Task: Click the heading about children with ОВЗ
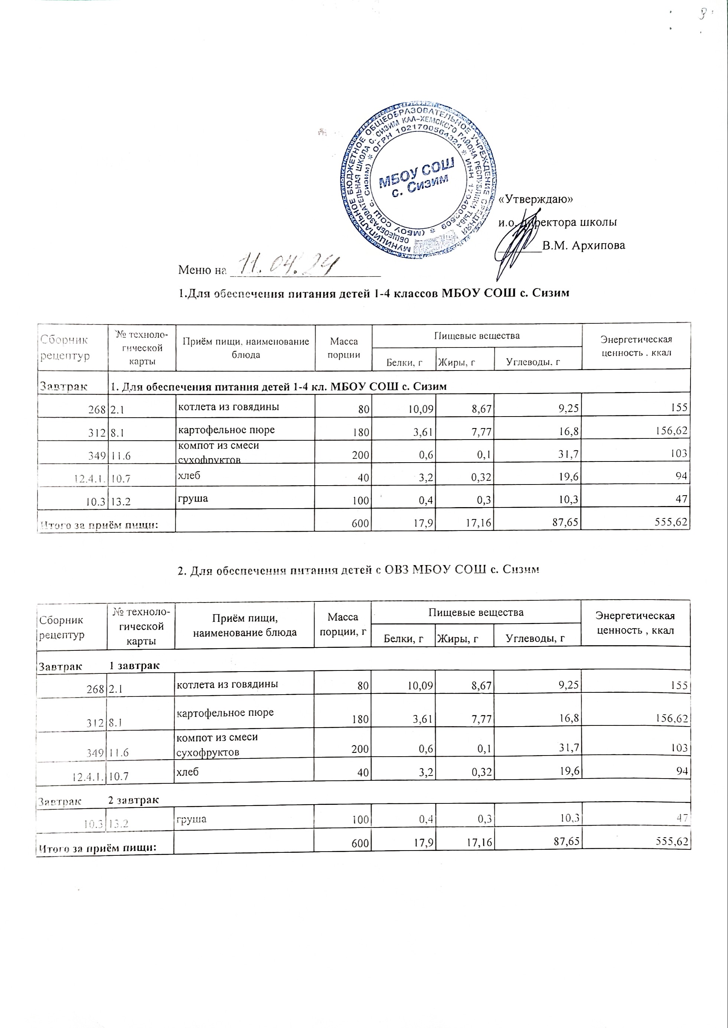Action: pyautogui.click(x=358, y=570)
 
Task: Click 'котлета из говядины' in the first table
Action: pyautogui.click(x=229, y=407)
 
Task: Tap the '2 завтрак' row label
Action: pyautogui.click(x=134, y=800)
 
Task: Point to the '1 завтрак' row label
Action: pyautogui.click(x=134, y=666)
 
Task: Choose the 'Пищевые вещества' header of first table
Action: pyautogui.click(x=477, y=335)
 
